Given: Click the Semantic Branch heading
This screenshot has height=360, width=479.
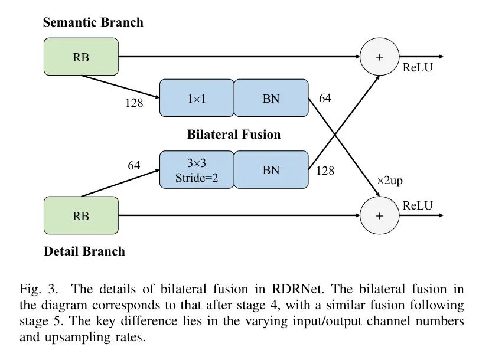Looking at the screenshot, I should (x=93, y=23).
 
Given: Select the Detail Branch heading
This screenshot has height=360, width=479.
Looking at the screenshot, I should (x=84, y=251).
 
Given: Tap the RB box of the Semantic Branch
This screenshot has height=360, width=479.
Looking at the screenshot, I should (x=81, y=57).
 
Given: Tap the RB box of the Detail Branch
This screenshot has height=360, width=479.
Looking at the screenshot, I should (x=81, y=215).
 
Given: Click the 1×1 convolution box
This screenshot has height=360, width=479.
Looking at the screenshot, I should (x=197, y=99).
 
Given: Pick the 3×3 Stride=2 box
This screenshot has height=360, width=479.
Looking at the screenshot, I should (x=197, y=170).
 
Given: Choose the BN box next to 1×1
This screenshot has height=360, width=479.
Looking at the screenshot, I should (x=271, y=99).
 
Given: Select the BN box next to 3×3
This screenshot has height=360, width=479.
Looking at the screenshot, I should (x=271, y=170).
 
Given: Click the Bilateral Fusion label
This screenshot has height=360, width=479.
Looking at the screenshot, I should (x=234, y=135).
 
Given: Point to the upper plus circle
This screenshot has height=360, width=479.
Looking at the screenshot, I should (x=379, y=57).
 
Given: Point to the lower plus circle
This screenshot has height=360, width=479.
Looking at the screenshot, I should (x=379, y=215).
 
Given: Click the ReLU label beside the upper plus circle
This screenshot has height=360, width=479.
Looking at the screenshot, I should (x=418, y=68).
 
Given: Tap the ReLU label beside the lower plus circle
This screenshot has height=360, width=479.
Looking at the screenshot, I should (x=418, y=205).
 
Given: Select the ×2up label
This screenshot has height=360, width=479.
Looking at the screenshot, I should (x=390, y=181).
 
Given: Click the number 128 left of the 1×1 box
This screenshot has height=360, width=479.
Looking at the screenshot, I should (x=134, y=103).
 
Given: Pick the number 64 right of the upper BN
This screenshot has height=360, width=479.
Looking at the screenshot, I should (x=325, y=99).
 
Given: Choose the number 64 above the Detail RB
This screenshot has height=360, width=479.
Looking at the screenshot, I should (x=134, y=166).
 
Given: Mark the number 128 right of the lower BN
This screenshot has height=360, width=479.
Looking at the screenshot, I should (x=325, y=171).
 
